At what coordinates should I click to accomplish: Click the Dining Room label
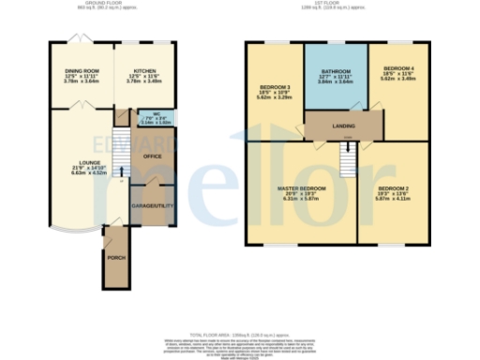81,68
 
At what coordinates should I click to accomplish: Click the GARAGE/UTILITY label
148,202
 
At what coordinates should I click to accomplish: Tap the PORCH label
116,257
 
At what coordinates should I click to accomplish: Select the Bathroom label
336,72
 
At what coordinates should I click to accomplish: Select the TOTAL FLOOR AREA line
239,334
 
